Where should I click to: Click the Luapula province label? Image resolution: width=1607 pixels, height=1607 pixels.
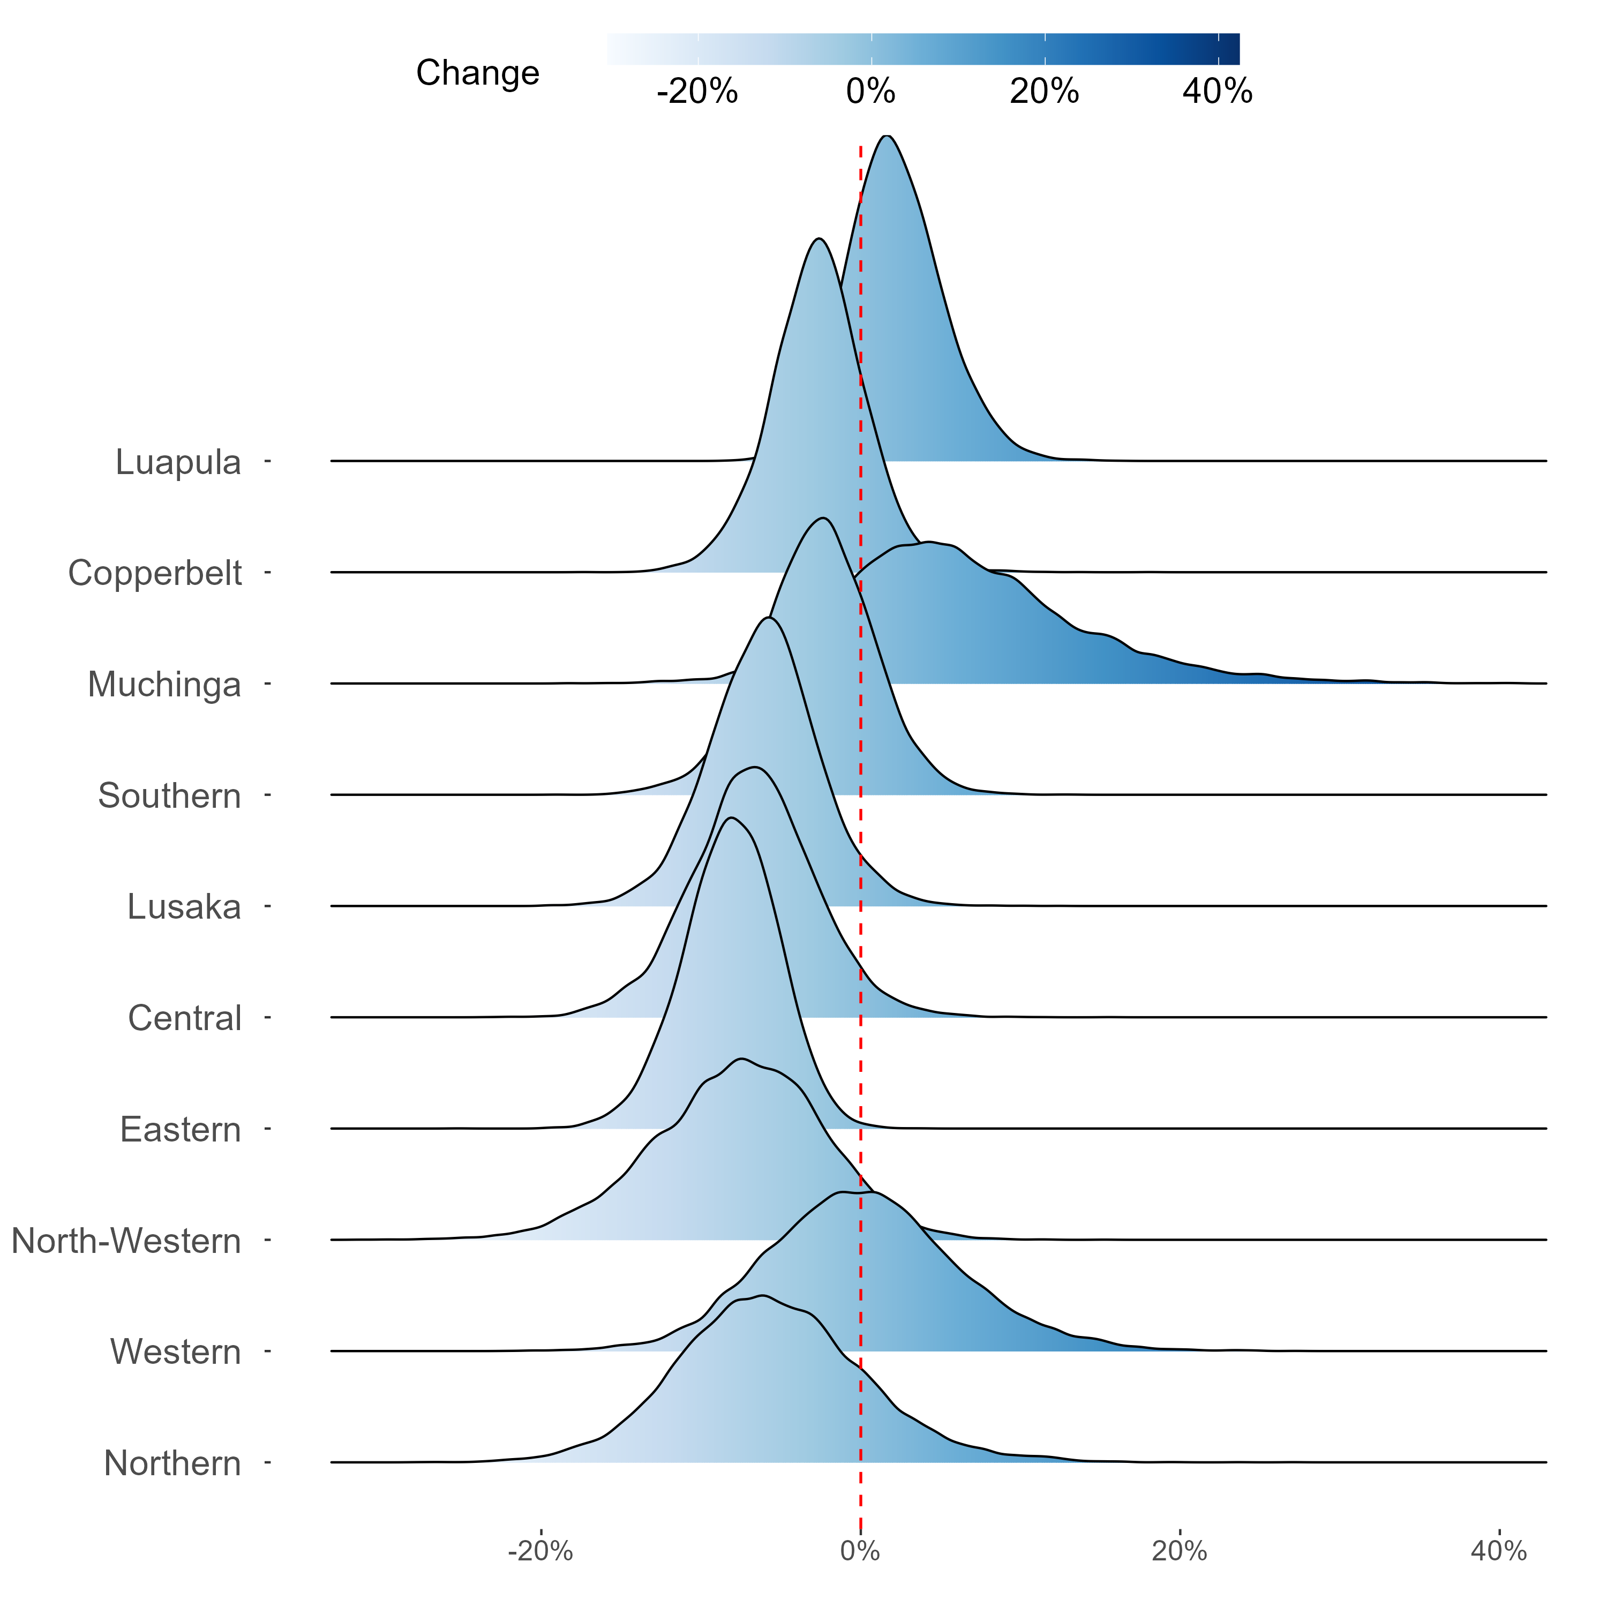click(178, 462)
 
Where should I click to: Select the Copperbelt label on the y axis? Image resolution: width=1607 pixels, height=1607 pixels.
click(155, 573)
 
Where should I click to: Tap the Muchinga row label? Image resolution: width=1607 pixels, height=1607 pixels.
click(164, 685)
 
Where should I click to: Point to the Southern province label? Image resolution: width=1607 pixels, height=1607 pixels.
click(170, 796)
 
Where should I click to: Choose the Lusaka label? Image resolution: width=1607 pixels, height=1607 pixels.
click(184, 907)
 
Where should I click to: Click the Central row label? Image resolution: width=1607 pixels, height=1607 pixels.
click(185, 1018)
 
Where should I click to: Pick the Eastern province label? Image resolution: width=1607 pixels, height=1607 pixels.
click(181, 1130)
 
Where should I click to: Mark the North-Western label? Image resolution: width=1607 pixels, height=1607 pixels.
click(126, 1241)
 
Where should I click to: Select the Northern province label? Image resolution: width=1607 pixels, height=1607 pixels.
click(172, 1463)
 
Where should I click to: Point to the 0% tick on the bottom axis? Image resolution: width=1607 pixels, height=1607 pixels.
click(860, 1550)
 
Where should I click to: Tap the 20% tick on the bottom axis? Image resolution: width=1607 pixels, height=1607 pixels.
click(1180, 1550)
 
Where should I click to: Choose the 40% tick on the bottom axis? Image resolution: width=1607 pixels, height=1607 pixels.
click(1499, 1550)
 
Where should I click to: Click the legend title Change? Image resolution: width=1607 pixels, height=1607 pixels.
click(477, 73)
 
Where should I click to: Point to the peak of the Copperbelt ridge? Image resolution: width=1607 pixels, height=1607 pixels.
click(820, 239)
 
